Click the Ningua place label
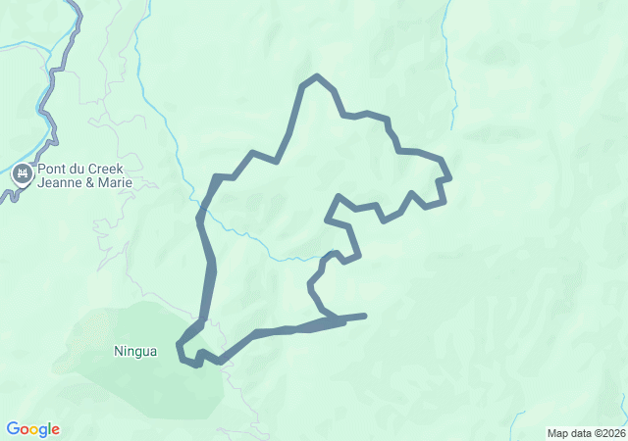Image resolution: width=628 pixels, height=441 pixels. [x=135, y=351]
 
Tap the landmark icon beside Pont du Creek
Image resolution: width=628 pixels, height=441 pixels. [x=22, y=175]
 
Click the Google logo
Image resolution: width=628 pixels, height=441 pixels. [x=32, y=429]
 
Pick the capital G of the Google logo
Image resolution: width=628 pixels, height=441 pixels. [x=12, y=429]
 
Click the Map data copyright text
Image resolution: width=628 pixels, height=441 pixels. [x=585, y=433]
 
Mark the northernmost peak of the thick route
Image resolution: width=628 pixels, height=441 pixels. [x=315, y=76]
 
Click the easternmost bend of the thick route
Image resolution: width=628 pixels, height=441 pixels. [x=449, y=177]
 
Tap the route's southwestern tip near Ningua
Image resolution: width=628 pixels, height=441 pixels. [x=179, y=345]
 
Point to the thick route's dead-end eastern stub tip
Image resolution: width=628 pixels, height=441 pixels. [x=365, y=316]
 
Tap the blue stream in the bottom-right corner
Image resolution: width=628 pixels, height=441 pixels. [x=619, y=412]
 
